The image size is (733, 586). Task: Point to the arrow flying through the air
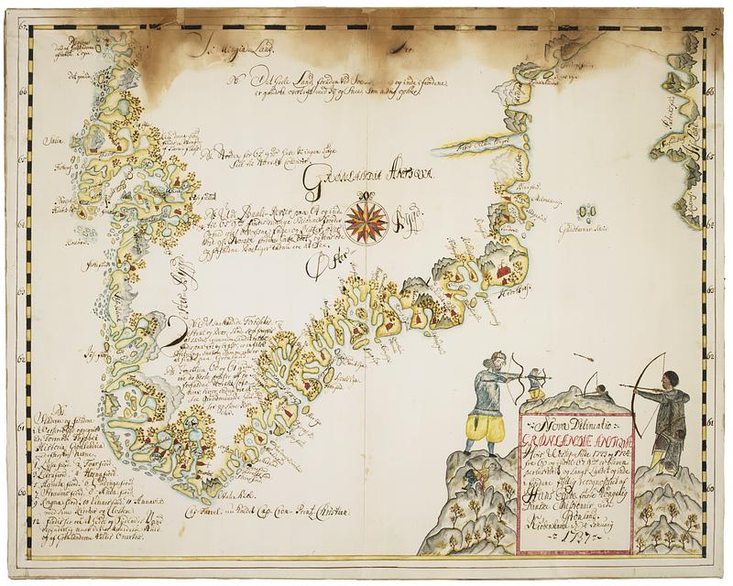pyautogui.click(x=583, y=356)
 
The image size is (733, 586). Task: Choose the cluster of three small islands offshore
pyautogui.click(x=585, y=212)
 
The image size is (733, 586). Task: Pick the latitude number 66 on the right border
pyautogui.click(x=710, y=92)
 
